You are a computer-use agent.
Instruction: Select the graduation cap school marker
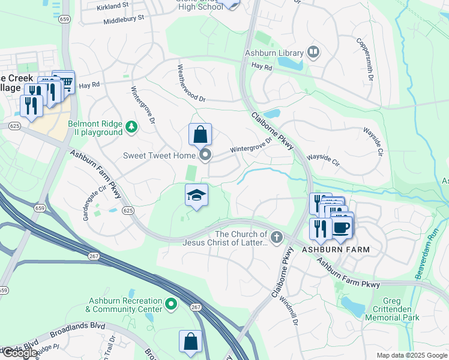point(196,196)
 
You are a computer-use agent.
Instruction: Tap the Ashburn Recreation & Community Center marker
point(171,304)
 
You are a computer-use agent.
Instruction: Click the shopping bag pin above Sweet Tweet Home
point(200,134)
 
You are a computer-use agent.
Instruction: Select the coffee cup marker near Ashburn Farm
point(342,227)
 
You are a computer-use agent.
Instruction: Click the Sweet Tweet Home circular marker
point(206,156)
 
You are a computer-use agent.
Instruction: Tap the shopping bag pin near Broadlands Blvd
point(190,341)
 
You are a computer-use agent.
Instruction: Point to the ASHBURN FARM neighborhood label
point(335,249)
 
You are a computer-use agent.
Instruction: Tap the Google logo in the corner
point(20,353)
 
